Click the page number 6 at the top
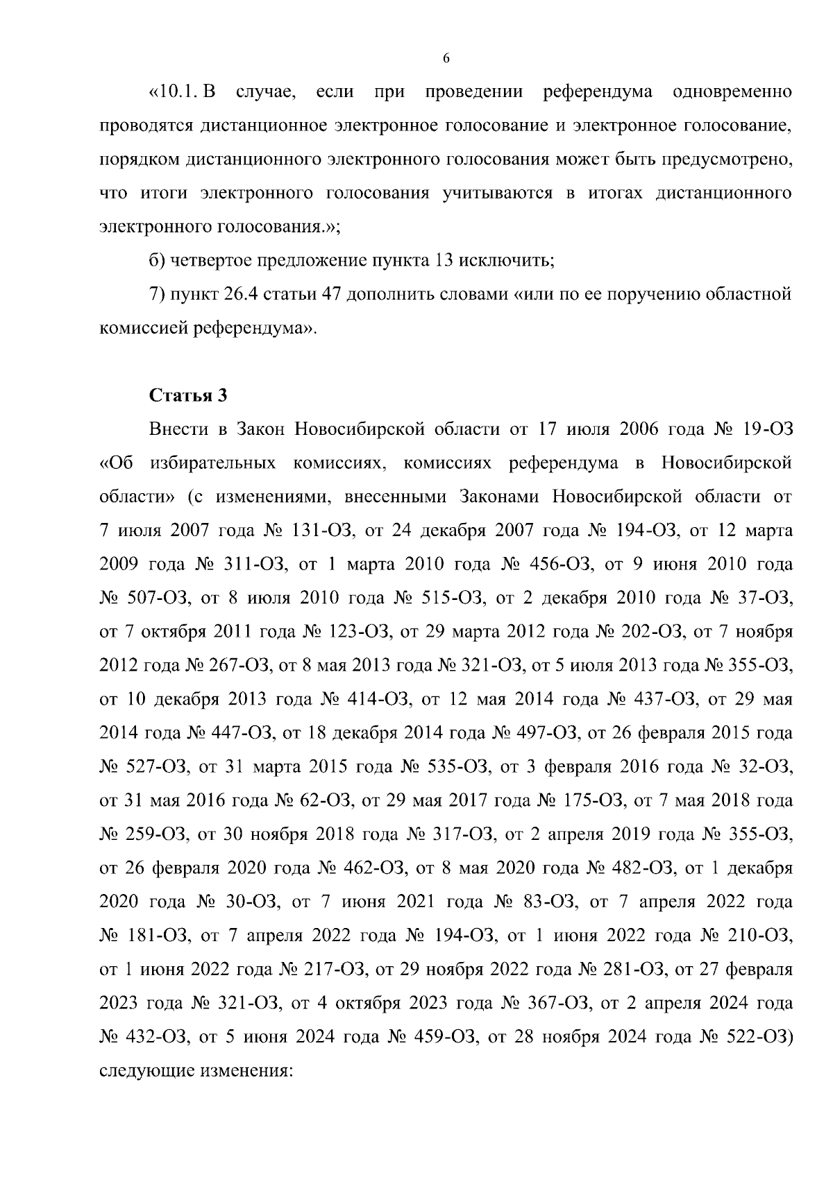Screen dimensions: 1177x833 click(446, 58)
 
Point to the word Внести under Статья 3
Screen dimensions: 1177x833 click(178, 429)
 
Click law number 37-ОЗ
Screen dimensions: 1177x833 click(766, 598)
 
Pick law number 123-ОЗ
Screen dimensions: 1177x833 click(357, 632)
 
